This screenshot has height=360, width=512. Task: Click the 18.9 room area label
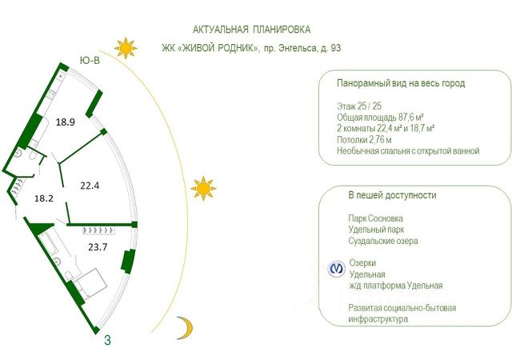(x=66, y=122)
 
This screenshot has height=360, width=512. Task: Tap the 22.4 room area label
(x=90, y=186)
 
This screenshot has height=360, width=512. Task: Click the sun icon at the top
(x=126, y=48)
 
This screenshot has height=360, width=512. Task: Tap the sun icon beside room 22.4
(x=203, y=189)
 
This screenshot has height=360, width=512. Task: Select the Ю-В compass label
(x=90, y=60)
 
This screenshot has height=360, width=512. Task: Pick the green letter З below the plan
(x=107, y=339)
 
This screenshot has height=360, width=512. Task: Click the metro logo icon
(x=337, y=269)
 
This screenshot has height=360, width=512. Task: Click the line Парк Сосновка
(x=376, y=218)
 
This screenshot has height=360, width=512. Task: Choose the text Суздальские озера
(x=383, y=241)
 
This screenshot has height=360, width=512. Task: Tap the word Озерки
(x=362, y=263)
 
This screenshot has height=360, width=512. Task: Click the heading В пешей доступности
(x=392, y=195)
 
